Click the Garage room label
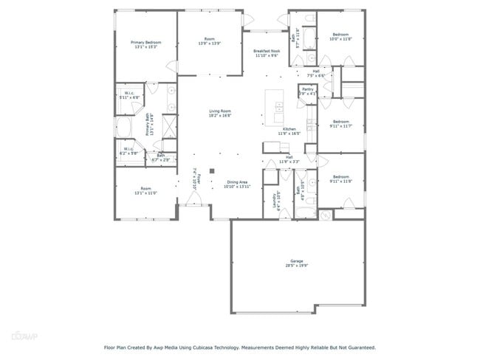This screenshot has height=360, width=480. tap(297, 262)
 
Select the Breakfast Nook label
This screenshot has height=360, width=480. tap(266, 51)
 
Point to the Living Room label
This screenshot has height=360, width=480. tap(220, 111)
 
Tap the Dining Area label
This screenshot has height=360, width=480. tap(237, 181)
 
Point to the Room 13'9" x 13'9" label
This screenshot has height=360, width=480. tap(210, 39)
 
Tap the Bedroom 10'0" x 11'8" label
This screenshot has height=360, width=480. tap(340, 35)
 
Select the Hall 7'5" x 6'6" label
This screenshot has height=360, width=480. tap(315, 71)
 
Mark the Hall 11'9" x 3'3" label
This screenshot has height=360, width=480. tap(289, 157)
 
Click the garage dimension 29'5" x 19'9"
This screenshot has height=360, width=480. tap(297, 266)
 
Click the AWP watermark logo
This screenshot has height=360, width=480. tap(25, 336)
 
